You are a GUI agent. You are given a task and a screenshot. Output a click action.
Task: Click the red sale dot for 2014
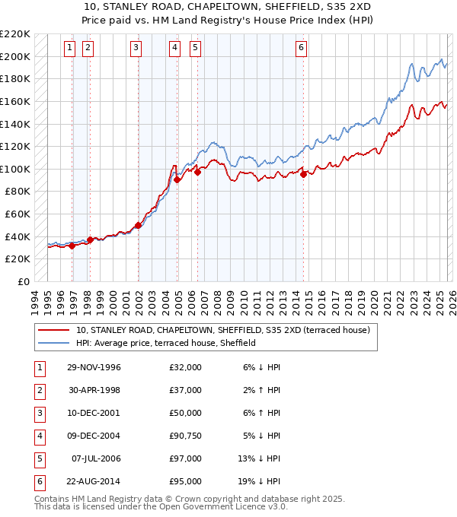(304, 174)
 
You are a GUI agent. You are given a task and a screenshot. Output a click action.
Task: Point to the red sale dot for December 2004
(177, 180)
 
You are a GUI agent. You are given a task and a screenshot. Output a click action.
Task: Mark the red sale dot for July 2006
(197, 172)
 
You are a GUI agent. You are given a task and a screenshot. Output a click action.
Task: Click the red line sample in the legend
(53, 330)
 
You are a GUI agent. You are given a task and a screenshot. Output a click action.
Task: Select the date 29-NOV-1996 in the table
(94, 367)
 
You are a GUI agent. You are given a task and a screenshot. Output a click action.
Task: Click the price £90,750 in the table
(186, 436)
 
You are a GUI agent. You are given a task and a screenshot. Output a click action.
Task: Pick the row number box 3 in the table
(38, 414)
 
